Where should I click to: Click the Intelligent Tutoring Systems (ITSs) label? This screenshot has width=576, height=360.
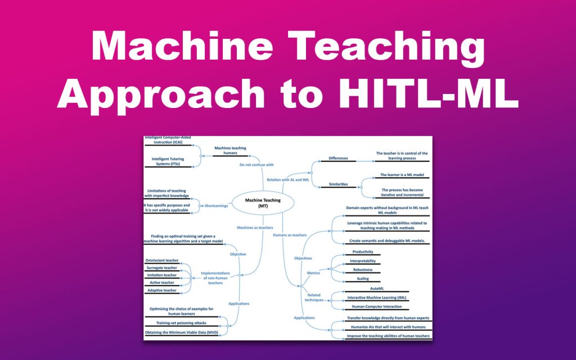tap(168, 162)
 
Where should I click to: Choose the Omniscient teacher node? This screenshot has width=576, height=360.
tap(162, 260)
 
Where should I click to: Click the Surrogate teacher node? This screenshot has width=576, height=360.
tap(161, 268)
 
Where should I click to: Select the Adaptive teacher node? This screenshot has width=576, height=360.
tap(161, 290)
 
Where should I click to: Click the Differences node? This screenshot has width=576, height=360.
tap(338, 158)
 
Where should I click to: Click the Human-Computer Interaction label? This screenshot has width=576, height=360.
tap(376, 307)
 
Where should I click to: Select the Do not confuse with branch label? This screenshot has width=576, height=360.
tap(256, 165)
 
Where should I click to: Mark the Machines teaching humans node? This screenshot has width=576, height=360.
tap(230, 151)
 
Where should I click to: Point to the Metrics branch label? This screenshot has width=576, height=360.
tap(314, 273)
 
